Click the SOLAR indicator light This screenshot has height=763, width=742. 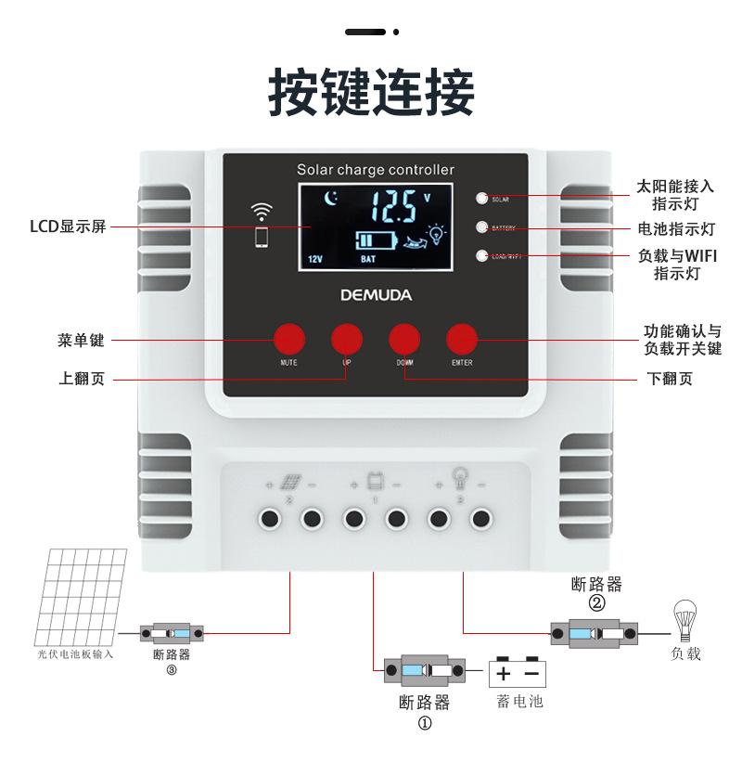tap(481, 198)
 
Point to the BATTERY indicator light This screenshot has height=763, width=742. tap(481, 226)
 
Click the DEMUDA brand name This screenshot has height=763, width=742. tap(376, 296)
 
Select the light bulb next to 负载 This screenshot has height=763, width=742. tap(684, 619)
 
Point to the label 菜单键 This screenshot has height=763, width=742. tap(79, 341)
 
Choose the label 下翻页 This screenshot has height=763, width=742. tap(669, 379)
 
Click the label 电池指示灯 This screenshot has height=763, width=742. tap(676, 228)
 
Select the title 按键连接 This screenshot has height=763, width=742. tap(371, 91)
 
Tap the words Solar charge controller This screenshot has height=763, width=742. tap(376, 170)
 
